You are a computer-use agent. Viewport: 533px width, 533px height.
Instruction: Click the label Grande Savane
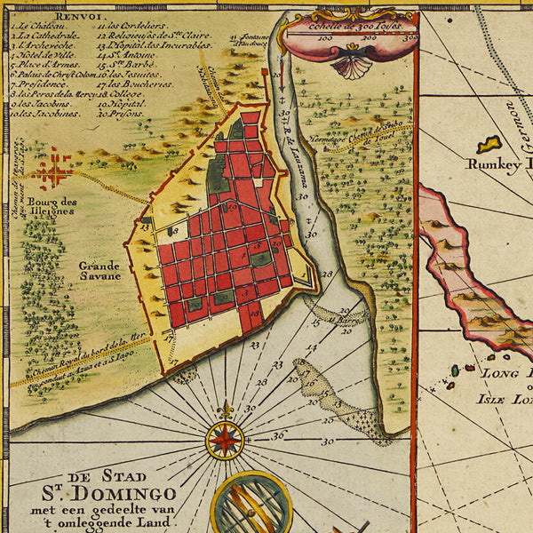click(99, 270)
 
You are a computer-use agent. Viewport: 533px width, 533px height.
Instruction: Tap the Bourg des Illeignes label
click(52, 207)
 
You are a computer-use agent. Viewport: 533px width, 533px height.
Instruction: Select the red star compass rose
click(225, 439)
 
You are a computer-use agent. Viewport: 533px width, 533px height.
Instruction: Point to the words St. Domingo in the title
click(89, 494)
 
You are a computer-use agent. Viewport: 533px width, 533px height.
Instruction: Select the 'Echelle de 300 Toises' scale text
click(349, 28)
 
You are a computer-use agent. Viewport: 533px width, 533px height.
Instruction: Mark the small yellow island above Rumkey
click(489, 142)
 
